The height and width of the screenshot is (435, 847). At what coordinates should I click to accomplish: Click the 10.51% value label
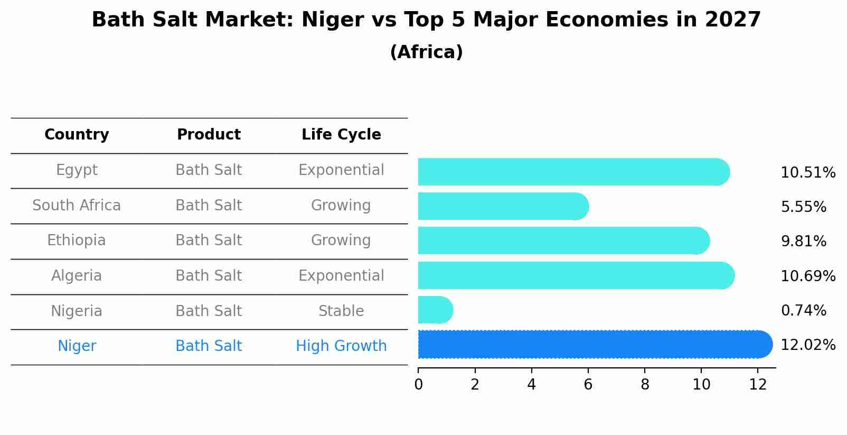(807, 173)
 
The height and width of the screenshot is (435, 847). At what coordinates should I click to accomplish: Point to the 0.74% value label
(803, 311)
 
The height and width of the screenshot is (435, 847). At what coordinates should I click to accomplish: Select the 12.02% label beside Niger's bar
(807, 345)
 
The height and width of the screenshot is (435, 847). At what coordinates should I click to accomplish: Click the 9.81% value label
(803, 242)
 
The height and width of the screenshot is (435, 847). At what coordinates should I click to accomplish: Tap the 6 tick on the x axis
(588, 385)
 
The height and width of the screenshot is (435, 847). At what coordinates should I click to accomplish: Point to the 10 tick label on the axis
(701, 385)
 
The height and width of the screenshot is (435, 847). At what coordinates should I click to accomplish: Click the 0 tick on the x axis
(418, 385)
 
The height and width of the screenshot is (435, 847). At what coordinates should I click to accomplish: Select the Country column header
(77, 135)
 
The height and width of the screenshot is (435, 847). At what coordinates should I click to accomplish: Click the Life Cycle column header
(341, 135)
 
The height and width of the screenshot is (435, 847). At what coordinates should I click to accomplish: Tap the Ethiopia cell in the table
(77, 240)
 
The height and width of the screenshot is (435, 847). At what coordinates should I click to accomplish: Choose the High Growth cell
(341, 346)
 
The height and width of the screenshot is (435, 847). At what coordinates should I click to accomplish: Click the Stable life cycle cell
(341, 311)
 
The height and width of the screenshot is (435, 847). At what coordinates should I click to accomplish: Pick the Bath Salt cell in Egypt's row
(209, 170)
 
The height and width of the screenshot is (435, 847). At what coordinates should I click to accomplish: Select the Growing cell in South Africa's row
(341, 206)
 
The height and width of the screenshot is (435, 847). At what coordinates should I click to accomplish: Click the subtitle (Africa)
(426, 52)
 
